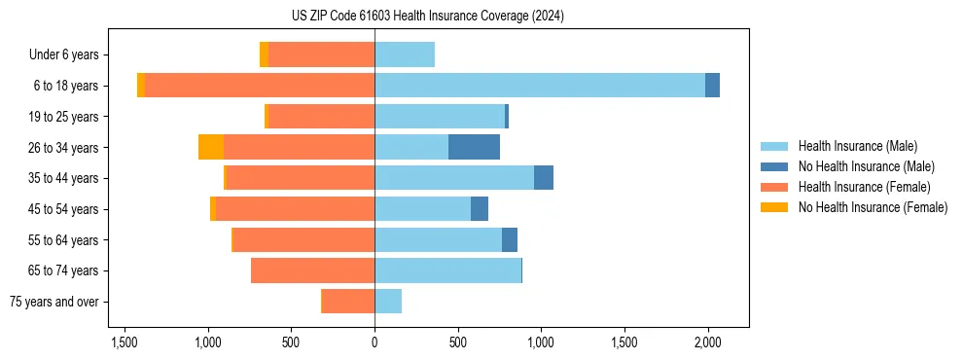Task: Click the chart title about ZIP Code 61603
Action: click(x=427, y=17)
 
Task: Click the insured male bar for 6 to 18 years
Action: click(x=540, y=86)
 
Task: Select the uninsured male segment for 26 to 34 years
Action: click(x=474, y=147)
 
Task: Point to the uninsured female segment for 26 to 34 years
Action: click(x=211, y=147)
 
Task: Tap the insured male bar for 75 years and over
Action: click(x=388, y=302)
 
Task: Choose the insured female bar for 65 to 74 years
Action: click(x=312, y=270)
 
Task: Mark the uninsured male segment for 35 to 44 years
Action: click(x=544, y=178)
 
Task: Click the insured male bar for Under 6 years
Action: click(x=405, y=54)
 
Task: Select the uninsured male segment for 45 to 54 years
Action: click(x=480, y=209)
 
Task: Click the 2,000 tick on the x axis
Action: click(x=707, y=342)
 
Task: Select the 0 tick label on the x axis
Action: click(x=374, y=342)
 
